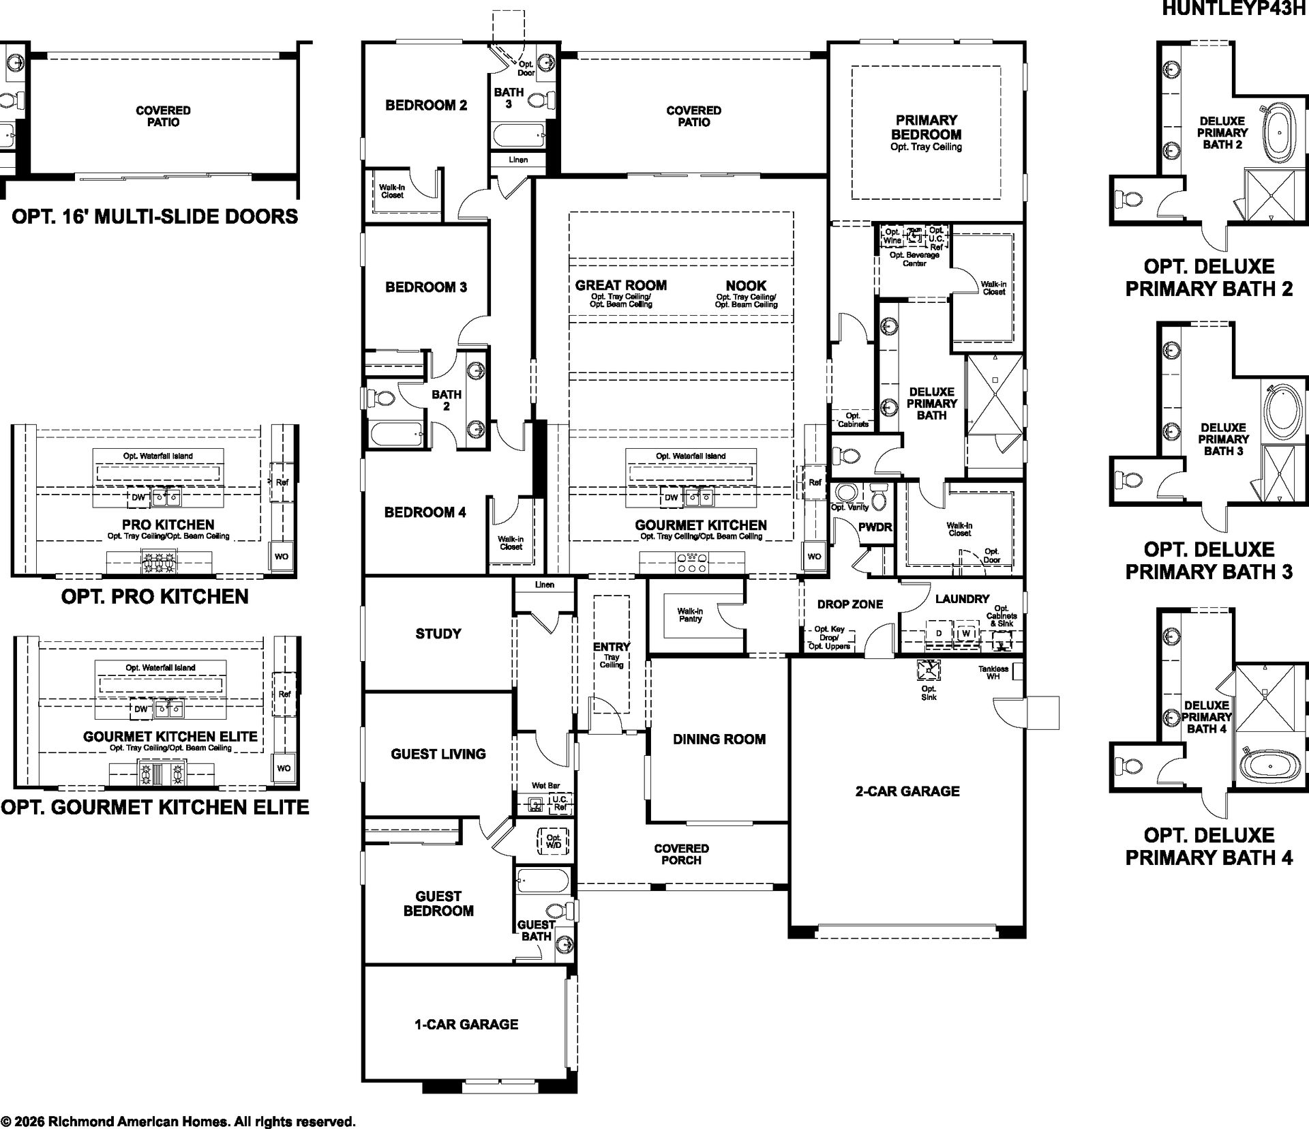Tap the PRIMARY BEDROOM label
(927, 128)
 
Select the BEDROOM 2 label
(426, 105)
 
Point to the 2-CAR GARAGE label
(907, 791)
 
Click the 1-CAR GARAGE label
(466, 1024)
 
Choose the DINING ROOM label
(719, 739)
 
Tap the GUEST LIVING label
(438, 754)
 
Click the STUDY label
(438, 634)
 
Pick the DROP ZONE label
(850, 604)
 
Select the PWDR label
(875, 527)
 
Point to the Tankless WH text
(993, 672)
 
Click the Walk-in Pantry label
(690, 615)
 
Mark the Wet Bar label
(546, 786)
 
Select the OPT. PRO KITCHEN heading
(155, 596)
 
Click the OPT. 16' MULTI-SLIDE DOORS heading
(155, 217)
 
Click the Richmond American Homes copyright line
(178, 1121)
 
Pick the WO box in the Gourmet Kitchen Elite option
(284, 768)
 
